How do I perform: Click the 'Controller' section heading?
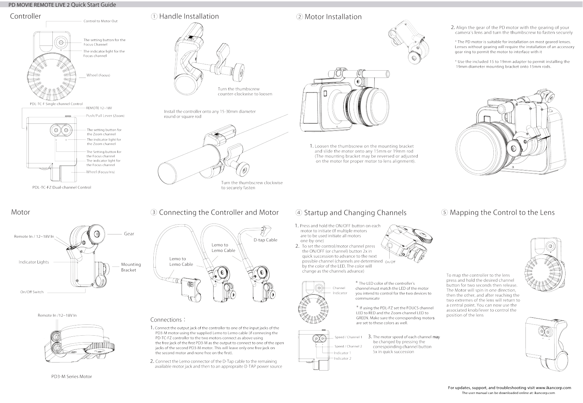click(25, 16)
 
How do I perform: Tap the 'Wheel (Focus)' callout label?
click(98, 75)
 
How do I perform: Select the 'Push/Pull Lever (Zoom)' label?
click(105, 116)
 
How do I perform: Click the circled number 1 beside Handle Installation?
click(154, 16)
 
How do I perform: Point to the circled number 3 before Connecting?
click(154, 212)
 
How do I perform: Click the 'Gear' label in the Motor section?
click(129, 234)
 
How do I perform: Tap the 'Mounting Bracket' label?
click(131, 267)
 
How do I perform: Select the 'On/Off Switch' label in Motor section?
click(32, 292)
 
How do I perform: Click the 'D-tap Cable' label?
click(265, 240)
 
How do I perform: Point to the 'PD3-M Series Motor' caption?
click(72, 376)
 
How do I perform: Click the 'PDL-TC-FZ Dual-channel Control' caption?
click(62, 187)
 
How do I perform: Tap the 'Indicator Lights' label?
click(34, 262)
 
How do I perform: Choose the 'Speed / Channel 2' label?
click(348, 346)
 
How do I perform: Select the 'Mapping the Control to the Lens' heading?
click(502, 213)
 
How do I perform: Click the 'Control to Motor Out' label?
click(101, 21)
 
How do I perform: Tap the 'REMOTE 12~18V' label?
click(99, 108)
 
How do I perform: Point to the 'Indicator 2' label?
click(343, 359)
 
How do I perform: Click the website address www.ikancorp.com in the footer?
click(554, 388)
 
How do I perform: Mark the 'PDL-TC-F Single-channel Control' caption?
click(56, 104)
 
